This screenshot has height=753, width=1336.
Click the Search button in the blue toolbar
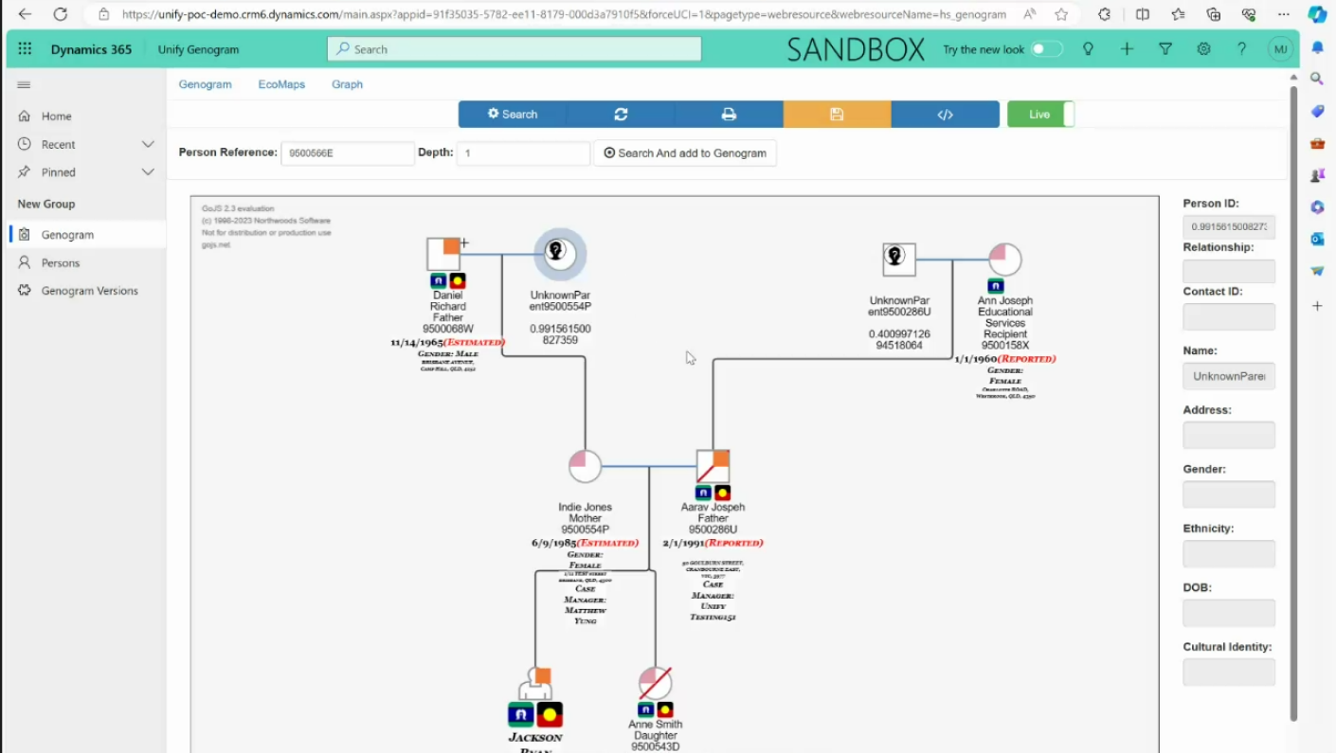pos(513,114)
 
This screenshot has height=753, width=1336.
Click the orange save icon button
pos(837,114)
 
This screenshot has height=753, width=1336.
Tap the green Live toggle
pos(1040,114)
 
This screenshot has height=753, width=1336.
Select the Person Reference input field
pos(347,152)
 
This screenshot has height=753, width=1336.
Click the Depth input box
pos(523,152)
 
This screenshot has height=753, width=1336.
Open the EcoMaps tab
pos(281,84)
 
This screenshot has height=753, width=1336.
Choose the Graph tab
pos(347,84)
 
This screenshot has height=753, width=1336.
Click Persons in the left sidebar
pos(61,262)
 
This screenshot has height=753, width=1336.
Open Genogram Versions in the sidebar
pos(89,291)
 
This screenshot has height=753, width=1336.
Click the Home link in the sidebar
pos(56,117)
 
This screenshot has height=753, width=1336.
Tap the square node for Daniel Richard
pos(443,254)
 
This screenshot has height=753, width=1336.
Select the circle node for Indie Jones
pos(585,466)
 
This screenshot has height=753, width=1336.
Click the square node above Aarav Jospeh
pos(713,466)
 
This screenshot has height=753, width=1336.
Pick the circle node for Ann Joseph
pos(1004,260)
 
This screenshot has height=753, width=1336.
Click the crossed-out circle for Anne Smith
pos(655,683)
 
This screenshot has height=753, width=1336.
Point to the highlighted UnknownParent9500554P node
pos(560,254)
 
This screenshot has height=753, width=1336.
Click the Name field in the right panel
pos(1228,376)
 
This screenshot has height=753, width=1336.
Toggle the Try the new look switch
pos(1046,49)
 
